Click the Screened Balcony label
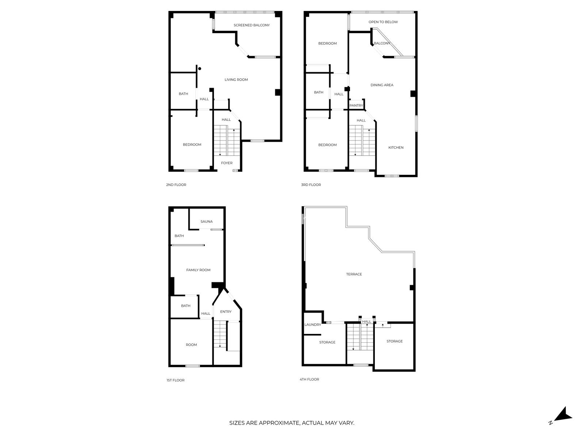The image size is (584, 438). click(x=251, y=25)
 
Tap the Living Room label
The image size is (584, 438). click(x=236, y=80)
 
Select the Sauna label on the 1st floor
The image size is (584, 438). click(x=207, y=222)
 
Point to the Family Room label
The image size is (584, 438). click(x=198, y=270)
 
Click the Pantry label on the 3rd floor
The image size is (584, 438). click(x=356, y=105)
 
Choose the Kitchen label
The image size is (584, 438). click(x=396, y=147)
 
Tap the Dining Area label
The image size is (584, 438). click(x=382, y=85)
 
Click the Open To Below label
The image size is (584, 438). click(x=383, y=22)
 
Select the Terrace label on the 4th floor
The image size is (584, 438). click(x=354, y=274)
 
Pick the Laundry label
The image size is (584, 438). click(x=312, y=325)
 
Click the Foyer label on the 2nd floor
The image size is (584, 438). click(x=227, y=163)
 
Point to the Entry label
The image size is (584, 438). click(x=226, y=312)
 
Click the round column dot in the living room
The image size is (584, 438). click(x=200, y=69)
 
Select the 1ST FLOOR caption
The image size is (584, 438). click(x=175, y=380)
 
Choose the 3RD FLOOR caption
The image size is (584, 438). click(x=311, y=185)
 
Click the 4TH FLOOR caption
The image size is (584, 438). click(x=309, y=380)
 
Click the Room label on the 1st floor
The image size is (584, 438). click(x=191, y=345)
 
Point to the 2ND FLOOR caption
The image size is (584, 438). click(x=176, y=185)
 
